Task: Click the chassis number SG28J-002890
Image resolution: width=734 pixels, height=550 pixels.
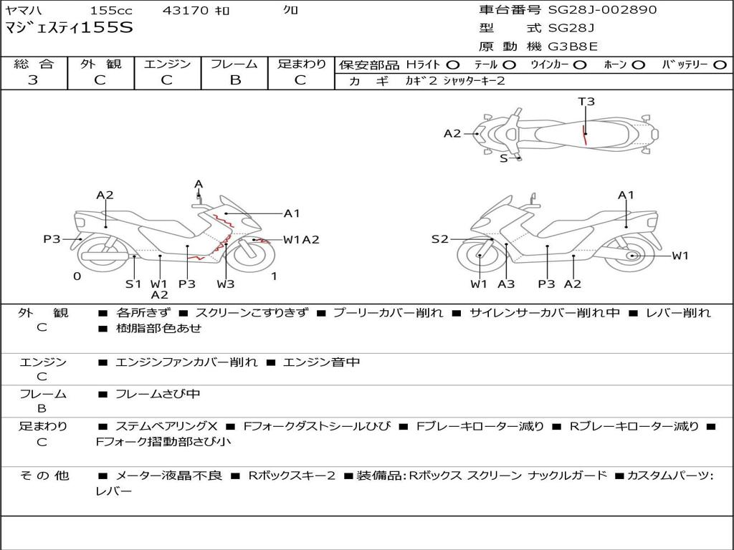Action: coord(602,10)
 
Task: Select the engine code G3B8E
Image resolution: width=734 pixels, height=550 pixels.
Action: coord(573,47)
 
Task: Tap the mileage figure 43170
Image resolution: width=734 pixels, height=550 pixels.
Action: coord(186,10)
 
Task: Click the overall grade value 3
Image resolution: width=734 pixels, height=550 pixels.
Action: coord(33,80)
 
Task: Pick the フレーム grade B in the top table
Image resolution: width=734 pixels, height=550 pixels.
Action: coord(235,80)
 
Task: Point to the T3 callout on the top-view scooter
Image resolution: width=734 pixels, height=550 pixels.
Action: coord(586,102)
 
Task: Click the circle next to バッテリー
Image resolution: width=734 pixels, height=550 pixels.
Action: coord(720,65)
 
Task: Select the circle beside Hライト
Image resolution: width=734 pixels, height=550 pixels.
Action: coord(453,65)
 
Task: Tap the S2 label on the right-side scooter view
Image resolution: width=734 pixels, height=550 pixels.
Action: coord(439,239)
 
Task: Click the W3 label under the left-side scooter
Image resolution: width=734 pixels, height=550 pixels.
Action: coord(225,284)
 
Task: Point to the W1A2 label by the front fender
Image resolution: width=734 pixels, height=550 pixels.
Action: coord(301,240)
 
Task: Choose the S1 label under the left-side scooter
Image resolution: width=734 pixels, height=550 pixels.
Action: coord(133,284)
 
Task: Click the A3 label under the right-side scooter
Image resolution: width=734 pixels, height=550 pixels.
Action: coord(506,284)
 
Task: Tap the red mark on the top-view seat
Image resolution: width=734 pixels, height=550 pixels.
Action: coord(584,135)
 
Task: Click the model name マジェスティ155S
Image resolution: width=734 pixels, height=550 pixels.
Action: coord(69,28)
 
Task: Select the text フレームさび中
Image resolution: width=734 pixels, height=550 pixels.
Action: coord(158,395)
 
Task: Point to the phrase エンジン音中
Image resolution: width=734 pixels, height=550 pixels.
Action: coord(321,362)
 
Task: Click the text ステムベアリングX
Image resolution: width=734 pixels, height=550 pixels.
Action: coord(166,427)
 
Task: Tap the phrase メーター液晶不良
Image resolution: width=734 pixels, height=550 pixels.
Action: coord(168,476)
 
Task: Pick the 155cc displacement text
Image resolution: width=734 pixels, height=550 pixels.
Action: coord(111,10)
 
